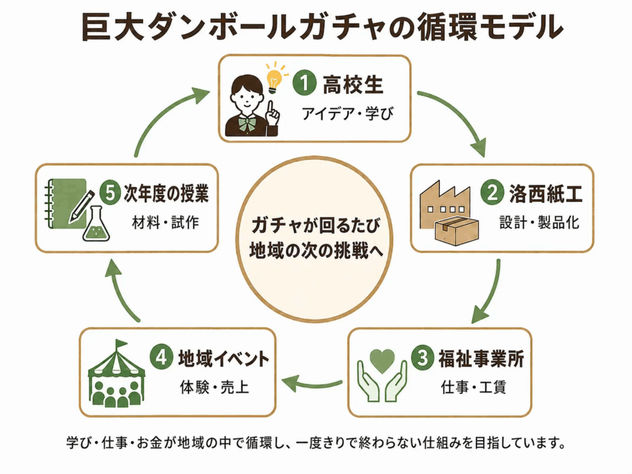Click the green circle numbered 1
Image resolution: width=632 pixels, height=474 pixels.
pos(304,83)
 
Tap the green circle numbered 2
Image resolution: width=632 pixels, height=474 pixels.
pos(492,193)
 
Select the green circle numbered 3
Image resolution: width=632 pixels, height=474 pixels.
pos(422,357)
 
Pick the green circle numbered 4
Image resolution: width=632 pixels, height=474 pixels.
pos(161,357)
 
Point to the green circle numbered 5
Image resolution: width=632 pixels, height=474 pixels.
pos(110,193)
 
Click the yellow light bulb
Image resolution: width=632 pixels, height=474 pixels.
pos(274,80)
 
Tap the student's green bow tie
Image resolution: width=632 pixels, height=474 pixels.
pos(246,123)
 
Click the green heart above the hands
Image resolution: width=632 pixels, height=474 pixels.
pos(381,360)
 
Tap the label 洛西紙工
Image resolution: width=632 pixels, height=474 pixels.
pos(546,194)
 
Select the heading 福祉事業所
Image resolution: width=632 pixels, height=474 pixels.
pos(481,359)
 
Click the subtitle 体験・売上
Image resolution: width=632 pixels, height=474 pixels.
pos(214,388)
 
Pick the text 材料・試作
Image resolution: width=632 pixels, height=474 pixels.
pos(165,222)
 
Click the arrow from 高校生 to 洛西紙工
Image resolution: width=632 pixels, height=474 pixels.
pos(460,114)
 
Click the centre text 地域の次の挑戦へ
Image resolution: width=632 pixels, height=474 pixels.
pos(315,251)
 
